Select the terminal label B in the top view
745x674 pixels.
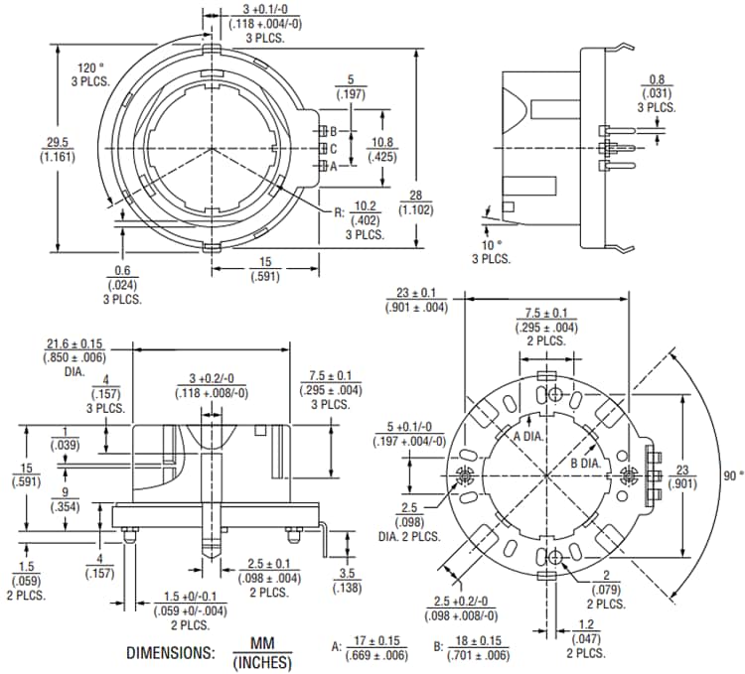334,131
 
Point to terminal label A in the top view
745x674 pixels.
334,166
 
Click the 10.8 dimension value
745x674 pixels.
383,141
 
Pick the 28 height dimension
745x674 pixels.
415,194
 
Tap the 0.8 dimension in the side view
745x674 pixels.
657,79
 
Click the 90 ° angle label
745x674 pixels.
731,474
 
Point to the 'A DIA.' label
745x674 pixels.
528,437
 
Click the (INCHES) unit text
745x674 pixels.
262,662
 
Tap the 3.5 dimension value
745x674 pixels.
348,573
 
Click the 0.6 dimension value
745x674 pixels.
120,270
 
